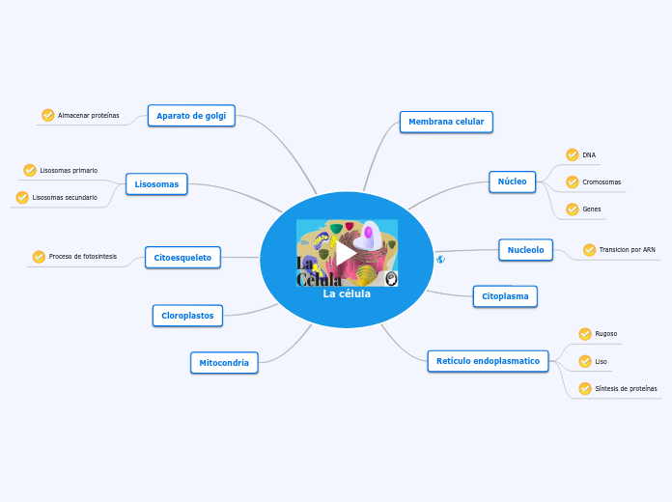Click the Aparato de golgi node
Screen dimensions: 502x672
[191, 116]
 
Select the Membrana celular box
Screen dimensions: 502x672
[446, 122]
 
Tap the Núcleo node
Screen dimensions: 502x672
[512, 181]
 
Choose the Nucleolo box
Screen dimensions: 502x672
[525, 250]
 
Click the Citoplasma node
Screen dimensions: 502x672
[505, 296]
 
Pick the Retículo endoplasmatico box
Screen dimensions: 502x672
[489, 361]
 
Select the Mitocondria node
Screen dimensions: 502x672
[224, 363]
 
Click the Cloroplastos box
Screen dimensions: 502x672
[187, 316]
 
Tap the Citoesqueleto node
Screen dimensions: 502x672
[182, 257]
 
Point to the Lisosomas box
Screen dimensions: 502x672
[156, 183]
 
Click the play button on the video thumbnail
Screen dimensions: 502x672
[346, 253]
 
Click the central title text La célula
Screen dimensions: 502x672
[347, 294]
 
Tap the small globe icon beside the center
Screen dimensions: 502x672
[440, 260]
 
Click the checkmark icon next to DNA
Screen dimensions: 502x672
[573, 154]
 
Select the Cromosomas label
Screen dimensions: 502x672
[602, 181]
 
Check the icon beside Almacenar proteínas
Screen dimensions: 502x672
[48, 116]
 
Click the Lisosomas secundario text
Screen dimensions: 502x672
[65, 197]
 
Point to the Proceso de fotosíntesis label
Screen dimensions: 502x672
[83, 257]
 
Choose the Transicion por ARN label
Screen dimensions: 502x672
[627, 250]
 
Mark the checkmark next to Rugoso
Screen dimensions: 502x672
[585, 334]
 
